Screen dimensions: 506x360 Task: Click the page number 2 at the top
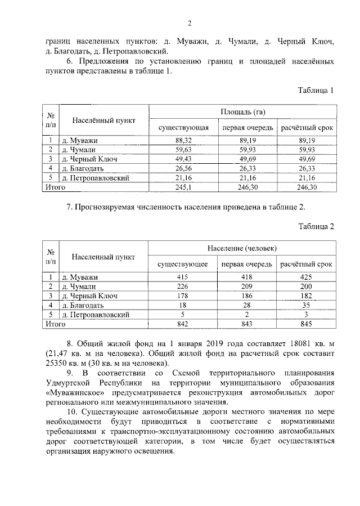click(x=190, y=23)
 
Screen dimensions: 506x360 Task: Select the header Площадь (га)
click(x=243, y=113)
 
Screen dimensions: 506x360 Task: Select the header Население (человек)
click(x=242, y=249)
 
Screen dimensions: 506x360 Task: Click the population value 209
click(x=246, y=286)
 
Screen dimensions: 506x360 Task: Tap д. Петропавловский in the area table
click(x=96, y=178)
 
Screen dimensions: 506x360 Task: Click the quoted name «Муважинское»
click(x=70, y=392)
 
